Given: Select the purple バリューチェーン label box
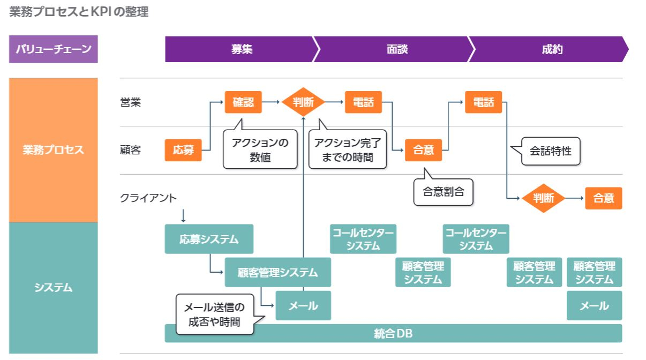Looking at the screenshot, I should (53, 50).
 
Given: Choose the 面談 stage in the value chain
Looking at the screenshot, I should (397, 50).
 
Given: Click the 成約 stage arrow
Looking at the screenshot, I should (552, 50).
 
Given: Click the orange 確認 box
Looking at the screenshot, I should (243, 102).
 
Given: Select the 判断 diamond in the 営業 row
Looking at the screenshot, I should (304, 102).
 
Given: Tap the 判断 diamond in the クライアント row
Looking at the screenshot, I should (544, 198).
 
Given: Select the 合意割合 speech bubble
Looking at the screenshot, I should (444, 191).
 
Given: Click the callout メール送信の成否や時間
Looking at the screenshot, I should (214, 315).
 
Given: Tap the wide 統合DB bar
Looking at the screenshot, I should (393, 333).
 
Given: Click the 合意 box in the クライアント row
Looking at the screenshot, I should (604, 198).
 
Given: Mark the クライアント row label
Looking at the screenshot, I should (148, 198).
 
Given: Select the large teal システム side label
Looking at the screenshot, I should (53, 288).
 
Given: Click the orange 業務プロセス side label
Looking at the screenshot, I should (53, 150).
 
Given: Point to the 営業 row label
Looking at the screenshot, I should (130, 102).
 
